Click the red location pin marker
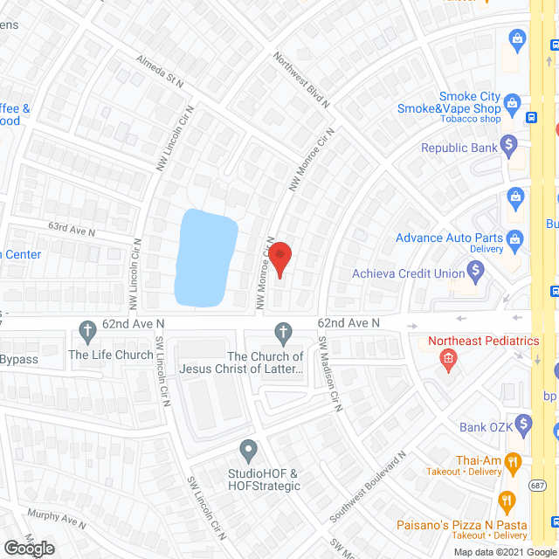pyautogui.click(x=279, y=260)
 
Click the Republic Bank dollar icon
pyautogui.click(x=510, y=147)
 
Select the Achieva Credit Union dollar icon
pyautogui.click(x=477, y=273)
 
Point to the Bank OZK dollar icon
pyautogui.click(x=524, y=426)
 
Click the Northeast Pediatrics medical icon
pyautogui.click(x=448, y=358)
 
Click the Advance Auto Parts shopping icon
pyautogui.click(x=515, y=238)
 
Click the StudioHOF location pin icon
pyautogui.click(x=249, y=452)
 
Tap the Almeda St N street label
pyautogui.click(x=159, y=72)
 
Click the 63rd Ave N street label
pyautogui.click(x=72, y=229)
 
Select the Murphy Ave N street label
pyautogui.click(x=56, y=519)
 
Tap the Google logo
pyautogui.click(x=29, y=549)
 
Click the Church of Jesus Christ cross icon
pyautogui.click(x=282, y=332)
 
